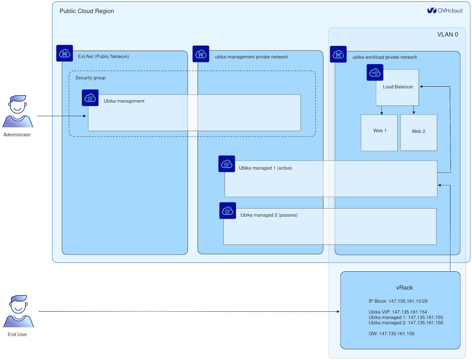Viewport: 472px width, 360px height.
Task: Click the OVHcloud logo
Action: (x=445, y=11)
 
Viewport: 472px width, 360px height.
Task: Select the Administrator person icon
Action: (x=18, y=111)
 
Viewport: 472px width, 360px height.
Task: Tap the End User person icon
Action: (x=19, y=311)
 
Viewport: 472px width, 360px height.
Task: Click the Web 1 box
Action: (x=379, y=132)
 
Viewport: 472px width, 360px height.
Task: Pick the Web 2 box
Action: (x=419, y=132)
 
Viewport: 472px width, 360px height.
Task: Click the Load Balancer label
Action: (x=398, y=87)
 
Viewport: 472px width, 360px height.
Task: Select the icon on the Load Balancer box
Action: (x=375, y=72)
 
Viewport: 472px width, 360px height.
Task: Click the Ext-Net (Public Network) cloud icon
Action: (x=65, y=53)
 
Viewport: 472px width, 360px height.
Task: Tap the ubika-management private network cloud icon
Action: (x=201, y=54)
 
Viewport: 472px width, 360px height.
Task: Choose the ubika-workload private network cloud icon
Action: (x=338, y=54)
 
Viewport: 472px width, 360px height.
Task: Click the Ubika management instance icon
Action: (x=90, y=98)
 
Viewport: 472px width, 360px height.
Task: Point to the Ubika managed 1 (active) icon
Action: (x=227, y=164)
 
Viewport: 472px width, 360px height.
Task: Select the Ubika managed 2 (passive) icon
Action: (x=228, y=211)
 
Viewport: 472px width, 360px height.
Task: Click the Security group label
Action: (x=90, y=78)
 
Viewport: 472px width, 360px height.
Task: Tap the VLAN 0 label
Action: (x=447, y=34)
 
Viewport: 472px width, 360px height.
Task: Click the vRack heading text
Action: (x=404, y=288)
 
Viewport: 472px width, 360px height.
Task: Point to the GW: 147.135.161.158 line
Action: (x=391, y=334)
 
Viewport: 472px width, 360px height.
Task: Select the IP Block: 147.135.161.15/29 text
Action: (x=398, y=301)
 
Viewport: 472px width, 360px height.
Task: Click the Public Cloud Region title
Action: (x=87, y=11)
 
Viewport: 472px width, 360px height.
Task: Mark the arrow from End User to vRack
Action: (x=189, y=311)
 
